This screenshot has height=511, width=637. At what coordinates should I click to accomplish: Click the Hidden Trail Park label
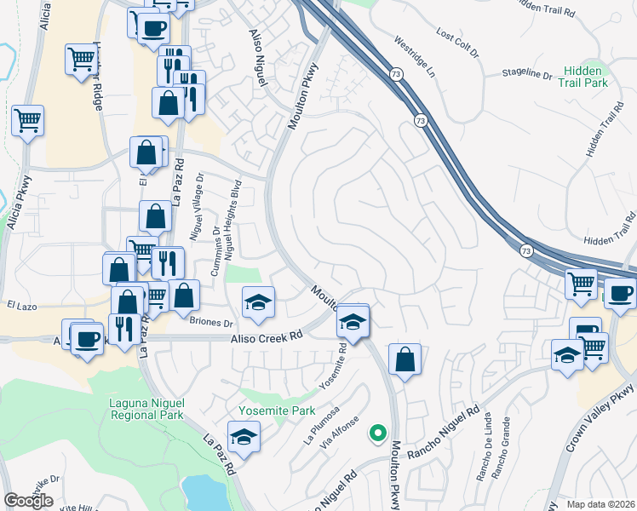point(583,77)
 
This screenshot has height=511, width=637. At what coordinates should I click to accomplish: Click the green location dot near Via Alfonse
point(376,433)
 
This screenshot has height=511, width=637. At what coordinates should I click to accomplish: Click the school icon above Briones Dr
point(258,302)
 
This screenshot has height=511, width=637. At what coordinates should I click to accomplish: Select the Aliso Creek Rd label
point(267,337)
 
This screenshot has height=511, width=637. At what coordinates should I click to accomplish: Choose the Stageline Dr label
point(527,74)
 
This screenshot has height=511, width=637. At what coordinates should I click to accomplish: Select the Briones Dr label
point(211,324)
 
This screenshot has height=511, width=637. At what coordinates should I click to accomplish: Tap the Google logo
point(28,501)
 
